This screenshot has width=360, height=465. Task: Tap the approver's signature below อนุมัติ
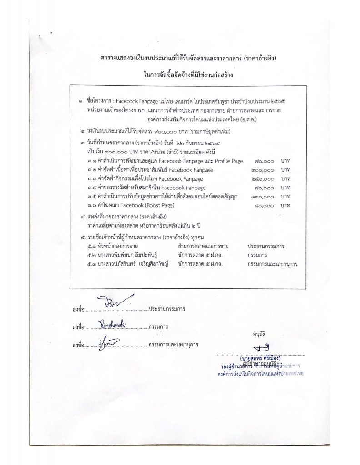tap(262, 349)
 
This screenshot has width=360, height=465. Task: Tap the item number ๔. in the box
tap(82, 217)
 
